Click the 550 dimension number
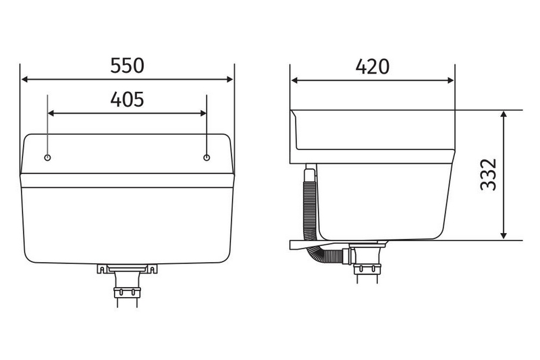point(127,66)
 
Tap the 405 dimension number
point(127,99)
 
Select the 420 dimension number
point(373,66)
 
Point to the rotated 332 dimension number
point(488,174)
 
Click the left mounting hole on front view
point(48,157)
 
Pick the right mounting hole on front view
point(207,157)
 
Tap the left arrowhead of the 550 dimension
point(24,80)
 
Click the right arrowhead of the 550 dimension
point(230,80)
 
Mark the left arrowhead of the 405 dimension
point(51,113)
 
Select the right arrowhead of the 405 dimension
point(203,113)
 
